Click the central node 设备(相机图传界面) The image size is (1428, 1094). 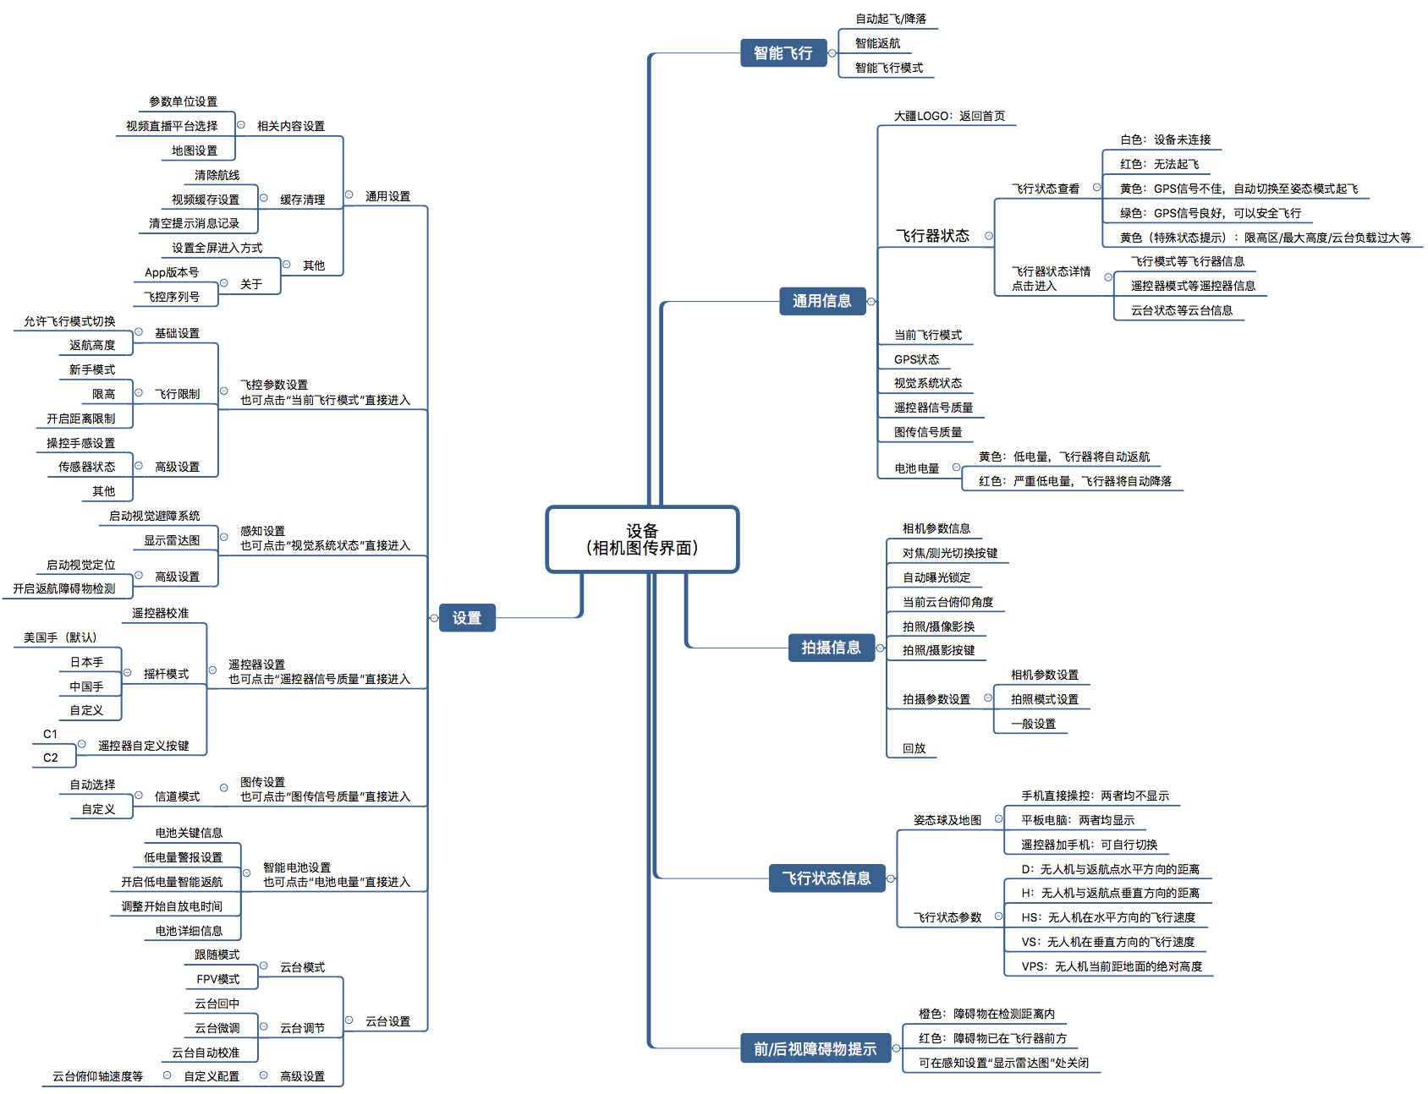point(642,539)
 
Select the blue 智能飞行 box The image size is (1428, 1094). point(783,53)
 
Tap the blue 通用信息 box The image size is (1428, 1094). point(821,301)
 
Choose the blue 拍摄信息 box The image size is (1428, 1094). point(831,648)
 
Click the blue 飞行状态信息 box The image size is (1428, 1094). point(826,878)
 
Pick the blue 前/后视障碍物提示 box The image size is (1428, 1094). point(815,1049)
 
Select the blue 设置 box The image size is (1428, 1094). point(466,618)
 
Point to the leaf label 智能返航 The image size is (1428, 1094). point(877,43)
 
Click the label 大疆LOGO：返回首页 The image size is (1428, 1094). point(949,116)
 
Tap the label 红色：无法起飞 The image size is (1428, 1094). point(1159,164)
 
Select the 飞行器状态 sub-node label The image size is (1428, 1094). point(932,236)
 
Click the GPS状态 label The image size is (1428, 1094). point(916,359)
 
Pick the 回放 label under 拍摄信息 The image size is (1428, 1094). point(914,748)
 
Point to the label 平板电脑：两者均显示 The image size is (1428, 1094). point(1077,820)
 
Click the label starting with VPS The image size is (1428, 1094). point(1111,966)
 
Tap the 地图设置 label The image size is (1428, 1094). point(195,150)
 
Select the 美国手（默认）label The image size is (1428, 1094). point(60,637)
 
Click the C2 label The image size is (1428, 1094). point(51,758)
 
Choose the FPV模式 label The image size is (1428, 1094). point(217,979)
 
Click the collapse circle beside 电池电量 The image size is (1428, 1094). point(956,468)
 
